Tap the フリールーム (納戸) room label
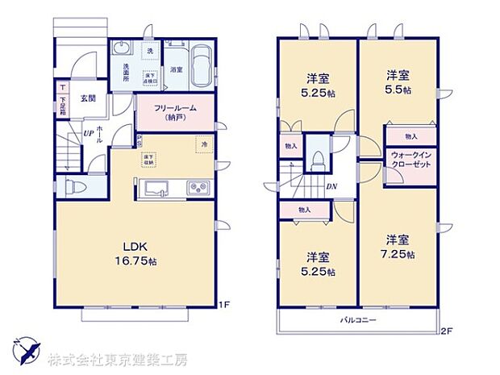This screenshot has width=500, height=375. pyautogui.click(x=173, y=111)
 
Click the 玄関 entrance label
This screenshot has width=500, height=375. pyautogui.click(x=88, y=99)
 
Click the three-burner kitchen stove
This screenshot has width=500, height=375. pyautogui.click(x=198, y=190)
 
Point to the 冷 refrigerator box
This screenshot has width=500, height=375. pyautogui.click(x=202, y=146)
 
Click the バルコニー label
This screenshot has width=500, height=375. pyautogui.click(x=355, y=320)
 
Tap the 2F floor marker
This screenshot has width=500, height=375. pyautogui.click(x=444, y=331)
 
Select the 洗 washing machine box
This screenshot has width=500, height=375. pyautogui.click(x=150, y=50)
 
